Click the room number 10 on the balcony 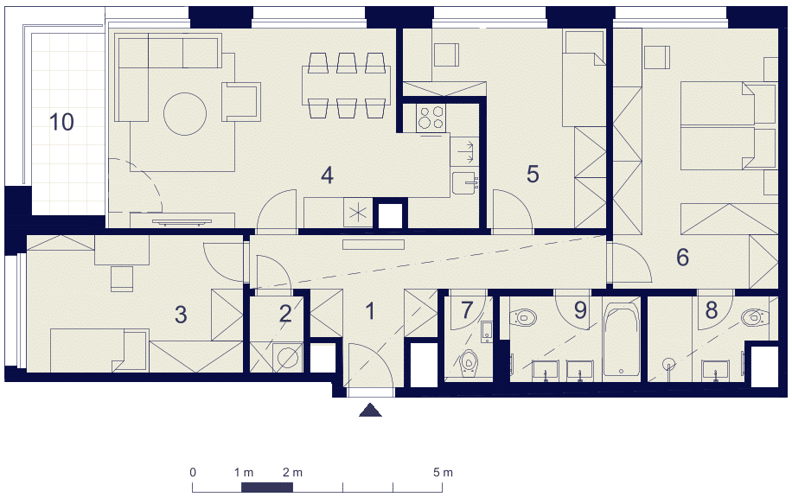(61, 122)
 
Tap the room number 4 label (328, 175)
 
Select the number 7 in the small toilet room (467, 310)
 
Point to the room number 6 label (682, 257)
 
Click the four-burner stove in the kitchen (431, 118)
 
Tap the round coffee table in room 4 (185, 113)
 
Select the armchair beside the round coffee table (241, 101)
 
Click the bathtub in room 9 (621, 340)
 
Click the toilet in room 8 (755, 317)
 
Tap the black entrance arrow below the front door (370, 410)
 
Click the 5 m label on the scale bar (443, 473)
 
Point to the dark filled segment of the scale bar (267, 487)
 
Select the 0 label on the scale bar (193, 473)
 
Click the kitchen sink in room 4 (464, 183)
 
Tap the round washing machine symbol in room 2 (287, 358)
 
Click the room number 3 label (181, 315)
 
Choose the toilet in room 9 (523, 317)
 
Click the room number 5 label (533, 174)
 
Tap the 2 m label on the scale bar (292, 473)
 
